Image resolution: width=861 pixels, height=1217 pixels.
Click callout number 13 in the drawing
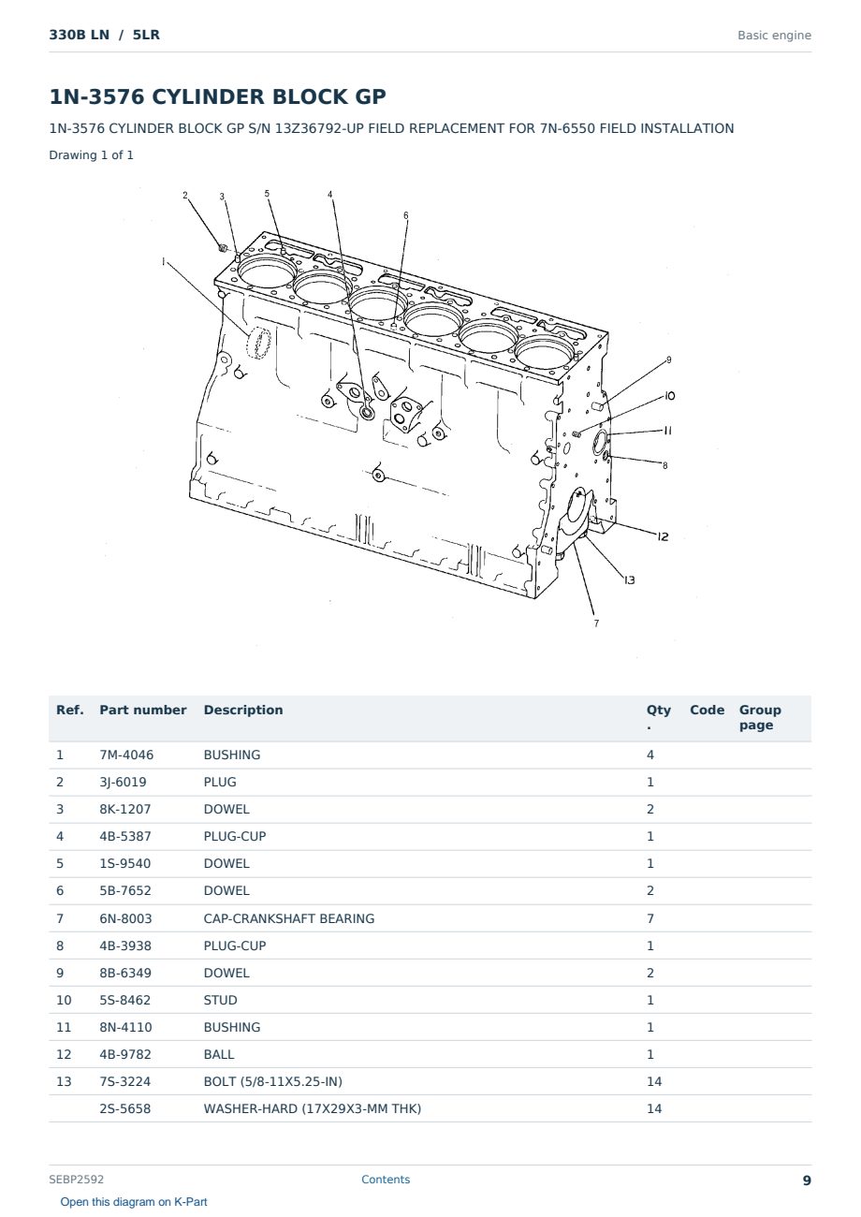(630, 580)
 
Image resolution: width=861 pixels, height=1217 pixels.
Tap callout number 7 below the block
(596, 623)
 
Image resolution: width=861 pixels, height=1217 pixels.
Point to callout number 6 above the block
(406, 215)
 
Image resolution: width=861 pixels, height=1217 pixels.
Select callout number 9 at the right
(669, 359)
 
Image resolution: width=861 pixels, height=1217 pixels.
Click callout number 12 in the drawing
(663, 536)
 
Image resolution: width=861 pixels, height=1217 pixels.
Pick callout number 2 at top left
(185, 195)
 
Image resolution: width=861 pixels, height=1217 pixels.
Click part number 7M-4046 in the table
(126, 755)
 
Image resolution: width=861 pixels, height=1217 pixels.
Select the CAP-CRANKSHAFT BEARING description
(289, 918)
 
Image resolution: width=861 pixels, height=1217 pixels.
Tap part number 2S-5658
(125, 1108)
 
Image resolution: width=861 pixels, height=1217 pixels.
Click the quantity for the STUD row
(650, 1000)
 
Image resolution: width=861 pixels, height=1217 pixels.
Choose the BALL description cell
(219, 1054)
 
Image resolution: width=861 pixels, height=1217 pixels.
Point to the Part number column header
(143, 710)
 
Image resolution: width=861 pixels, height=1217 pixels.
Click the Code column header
(707, 710)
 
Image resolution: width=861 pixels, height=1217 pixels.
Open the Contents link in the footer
(386, 1179)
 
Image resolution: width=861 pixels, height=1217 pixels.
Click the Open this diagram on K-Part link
(134, 1201)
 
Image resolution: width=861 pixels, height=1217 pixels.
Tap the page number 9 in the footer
(807, 1180)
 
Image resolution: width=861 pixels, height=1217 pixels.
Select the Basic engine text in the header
(774, 36)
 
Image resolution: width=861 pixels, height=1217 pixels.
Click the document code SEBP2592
(76, 1179)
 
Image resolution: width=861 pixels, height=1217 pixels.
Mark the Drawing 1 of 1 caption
(92, 154)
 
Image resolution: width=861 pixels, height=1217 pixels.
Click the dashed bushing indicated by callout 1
(258, 343)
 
